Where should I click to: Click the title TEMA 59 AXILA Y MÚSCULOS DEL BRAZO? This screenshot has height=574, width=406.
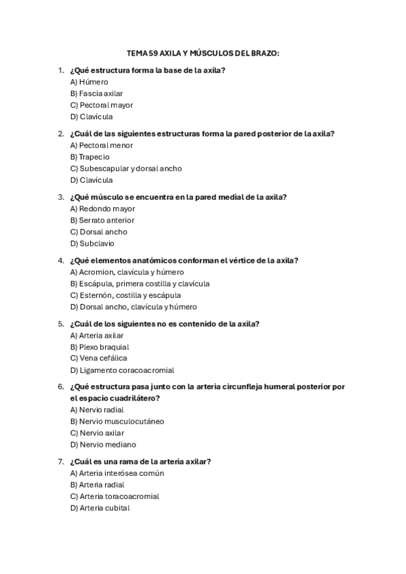[203, 52]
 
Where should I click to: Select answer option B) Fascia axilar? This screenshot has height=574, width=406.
[96, 93]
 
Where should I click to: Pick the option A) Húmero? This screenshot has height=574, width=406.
[89, 82]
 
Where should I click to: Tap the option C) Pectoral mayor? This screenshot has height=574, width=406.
[101, 105]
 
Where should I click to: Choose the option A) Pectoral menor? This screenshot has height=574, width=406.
[101, 145]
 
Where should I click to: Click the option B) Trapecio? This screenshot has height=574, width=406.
[89, 156]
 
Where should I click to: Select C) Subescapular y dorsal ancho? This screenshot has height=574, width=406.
[125, 169]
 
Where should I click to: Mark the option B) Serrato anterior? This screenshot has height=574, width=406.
[102, 220]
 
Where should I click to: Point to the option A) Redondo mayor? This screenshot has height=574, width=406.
[102, 208]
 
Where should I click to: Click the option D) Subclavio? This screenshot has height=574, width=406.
[92, 243]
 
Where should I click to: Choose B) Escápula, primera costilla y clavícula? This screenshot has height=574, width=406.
[140, 284]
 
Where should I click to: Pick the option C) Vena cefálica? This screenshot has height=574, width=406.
[98, 358]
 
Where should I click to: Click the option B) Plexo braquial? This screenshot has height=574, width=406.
[99, 347]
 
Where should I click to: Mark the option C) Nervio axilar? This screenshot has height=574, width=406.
[97, 433]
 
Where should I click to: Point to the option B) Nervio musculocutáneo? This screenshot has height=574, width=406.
[117, 421]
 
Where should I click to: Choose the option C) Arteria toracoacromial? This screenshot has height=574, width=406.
[115, 496]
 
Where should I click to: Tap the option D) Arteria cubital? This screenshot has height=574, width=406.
[100, 508]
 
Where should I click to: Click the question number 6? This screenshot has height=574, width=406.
[61, 387]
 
